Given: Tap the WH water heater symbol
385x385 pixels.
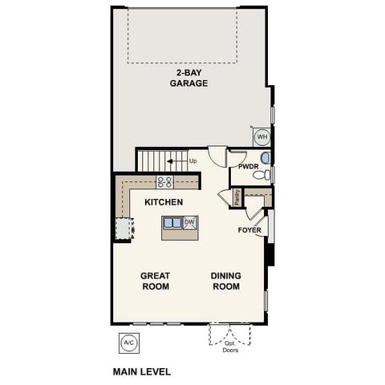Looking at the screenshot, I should click(x=262, y=137).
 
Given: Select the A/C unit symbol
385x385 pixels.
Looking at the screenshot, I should click(x=128, y=342).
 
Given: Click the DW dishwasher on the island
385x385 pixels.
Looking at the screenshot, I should click(x=190, y=223).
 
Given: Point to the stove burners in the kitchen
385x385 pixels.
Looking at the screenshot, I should click(x=164, y=182).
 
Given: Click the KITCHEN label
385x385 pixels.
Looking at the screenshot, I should click(x=164, y=202).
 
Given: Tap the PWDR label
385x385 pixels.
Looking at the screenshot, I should click(x=248, y=167).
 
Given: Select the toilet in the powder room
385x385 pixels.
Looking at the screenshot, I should click(x=268, y=173).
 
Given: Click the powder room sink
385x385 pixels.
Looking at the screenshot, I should click(x=266, y=157).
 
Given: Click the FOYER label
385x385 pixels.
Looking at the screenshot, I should click(x=249, y=230).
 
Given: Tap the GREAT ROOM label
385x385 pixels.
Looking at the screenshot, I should click(x=155, y=281).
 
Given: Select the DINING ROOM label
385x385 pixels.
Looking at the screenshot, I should click(x=225, y=281).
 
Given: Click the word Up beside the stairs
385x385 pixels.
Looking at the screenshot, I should click(x=192, y=160).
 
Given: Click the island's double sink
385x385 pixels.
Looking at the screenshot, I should click(x=172, y=223).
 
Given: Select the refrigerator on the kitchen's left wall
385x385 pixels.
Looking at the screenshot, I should click(x=122, y=229).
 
